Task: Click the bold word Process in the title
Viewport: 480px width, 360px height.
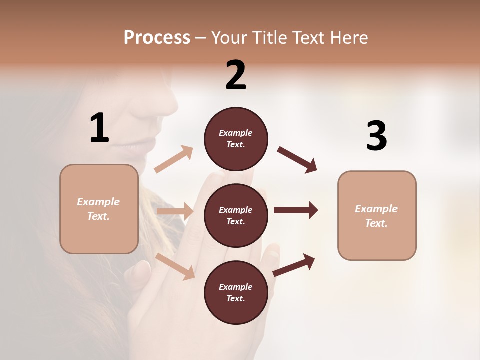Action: pos(157,38)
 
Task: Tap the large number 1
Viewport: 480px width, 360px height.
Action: pos(99,128)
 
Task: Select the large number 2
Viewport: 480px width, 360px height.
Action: pos(236,75)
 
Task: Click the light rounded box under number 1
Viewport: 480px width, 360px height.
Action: pos(99,209)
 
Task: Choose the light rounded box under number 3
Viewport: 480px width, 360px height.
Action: pos(377,216)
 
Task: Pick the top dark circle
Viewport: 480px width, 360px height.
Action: pos(236,139)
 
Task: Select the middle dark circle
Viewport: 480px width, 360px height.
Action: pos(236,215)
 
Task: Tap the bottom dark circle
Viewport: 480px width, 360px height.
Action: pos(236,292)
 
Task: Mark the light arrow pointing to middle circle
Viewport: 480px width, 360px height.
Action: pos(175,211)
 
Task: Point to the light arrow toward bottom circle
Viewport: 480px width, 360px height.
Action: pos(175,266)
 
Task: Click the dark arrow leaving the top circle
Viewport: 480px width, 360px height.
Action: pos(297,159)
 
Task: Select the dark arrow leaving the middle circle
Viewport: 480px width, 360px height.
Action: pos(295,210)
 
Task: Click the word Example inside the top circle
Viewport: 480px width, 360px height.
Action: pos(236,133)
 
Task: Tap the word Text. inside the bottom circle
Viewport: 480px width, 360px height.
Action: pos(236,298)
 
